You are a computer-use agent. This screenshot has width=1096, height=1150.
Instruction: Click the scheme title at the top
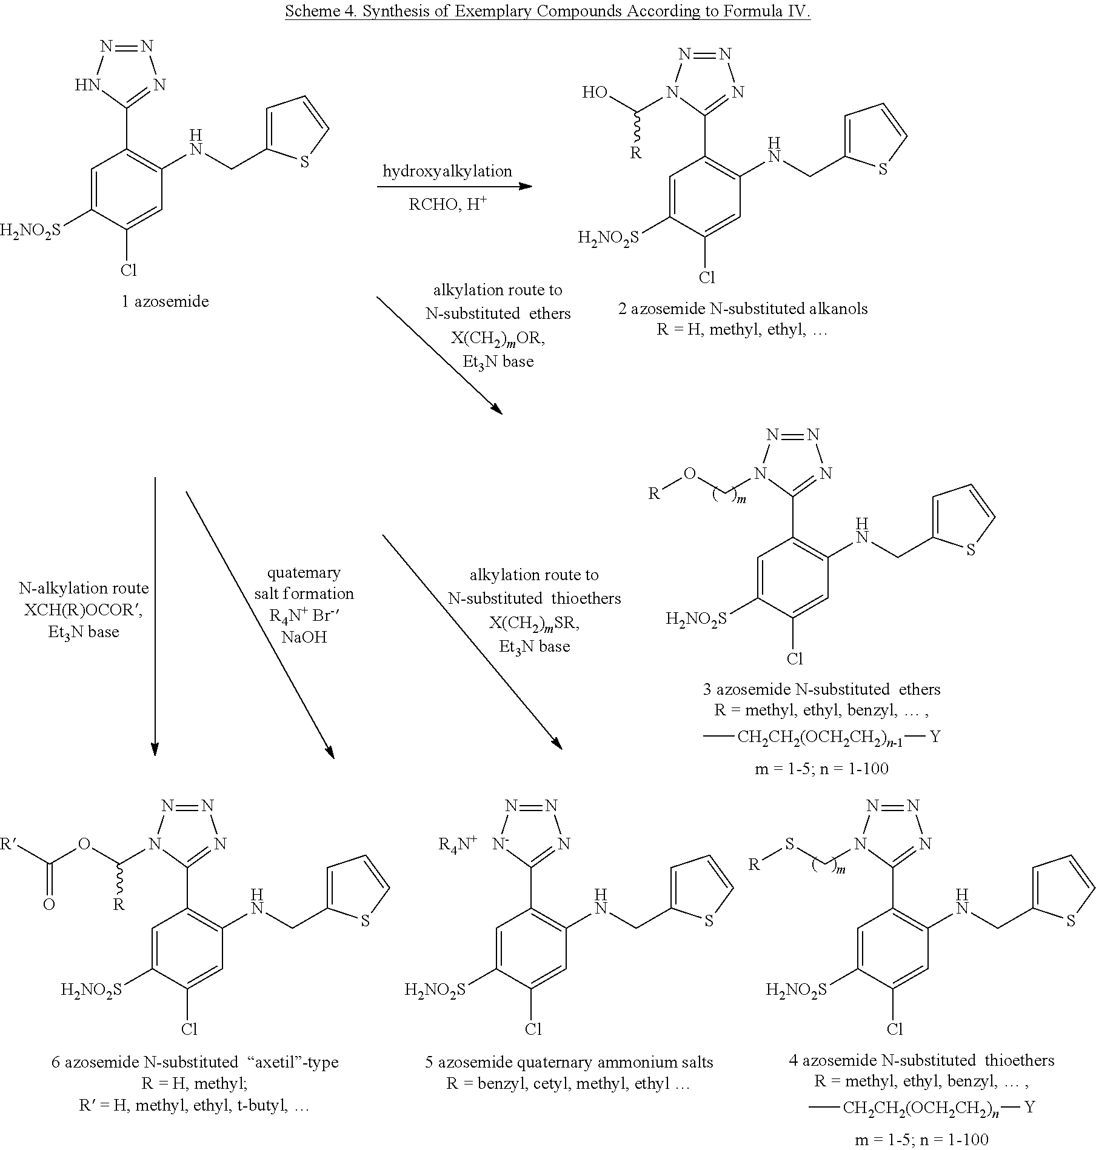[x=548, y=12]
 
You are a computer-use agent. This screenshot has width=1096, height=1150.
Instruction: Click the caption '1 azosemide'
[x=165, y=301]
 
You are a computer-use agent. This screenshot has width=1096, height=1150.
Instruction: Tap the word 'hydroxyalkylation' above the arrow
[x=447, y=172]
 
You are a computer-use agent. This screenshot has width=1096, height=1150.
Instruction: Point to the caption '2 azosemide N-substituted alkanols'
[x=743, y=309]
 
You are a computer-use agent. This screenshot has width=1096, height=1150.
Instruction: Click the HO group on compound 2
[x=594, y=93]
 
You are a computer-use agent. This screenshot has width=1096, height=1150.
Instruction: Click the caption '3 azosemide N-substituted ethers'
[x=821, y=689]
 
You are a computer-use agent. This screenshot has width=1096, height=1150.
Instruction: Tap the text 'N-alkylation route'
[x=84, y=588]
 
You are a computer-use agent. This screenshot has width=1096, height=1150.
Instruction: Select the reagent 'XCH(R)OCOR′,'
[x=83, y=610]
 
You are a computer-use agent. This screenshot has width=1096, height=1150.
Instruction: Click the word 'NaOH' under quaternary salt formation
[x=304, y=637]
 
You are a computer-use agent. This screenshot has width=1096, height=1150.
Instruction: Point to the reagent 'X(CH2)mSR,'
[x=534, y=624]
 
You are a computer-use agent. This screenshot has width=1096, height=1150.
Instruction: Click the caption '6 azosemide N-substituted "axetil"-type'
[x=195, y=1062]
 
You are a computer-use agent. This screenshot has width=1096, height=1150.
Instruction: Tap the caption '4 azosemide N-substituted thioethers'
[x=921, y=1060]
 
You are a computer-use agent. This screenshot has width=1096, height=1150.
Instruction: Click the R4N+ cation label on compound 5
[x=458, y=843]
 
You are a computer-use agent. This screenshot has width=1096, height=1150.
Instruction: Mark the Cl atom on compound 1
[x=128, y=270]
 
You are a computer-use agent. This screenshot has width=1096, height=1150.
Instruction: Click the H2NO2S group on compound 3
[x=696, y=619]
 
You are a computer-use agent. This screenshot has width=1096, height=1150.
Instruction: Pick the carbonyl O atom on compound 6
[x=49, y=904]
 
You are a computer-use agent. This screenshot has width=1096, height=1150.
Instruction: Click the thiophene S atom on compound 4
[x=1071, y=921]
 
